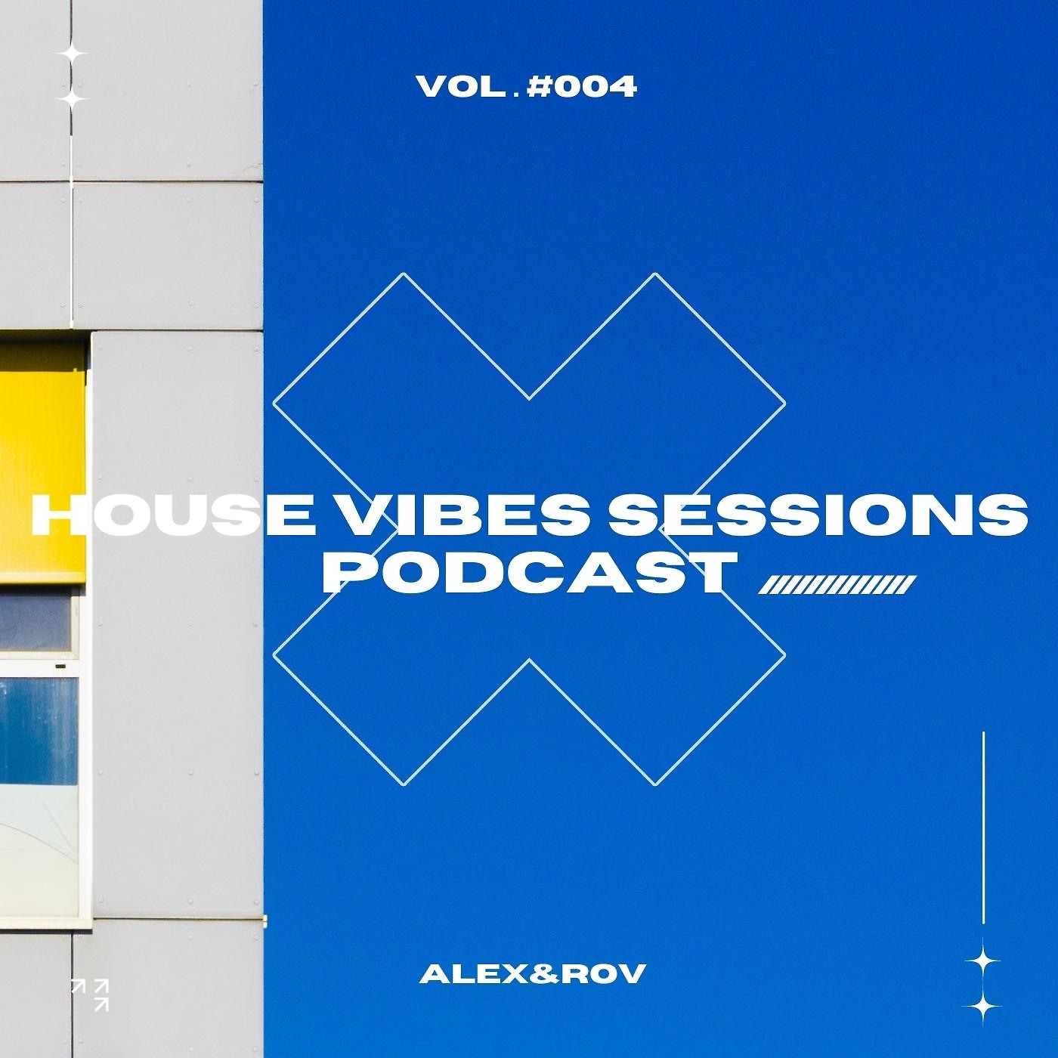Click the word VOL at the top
(x=461, y=88)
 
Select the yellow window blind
(x=42, y=461)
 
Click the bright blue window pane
(x=38, y=729)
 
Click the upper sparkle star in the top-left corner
(x=73, y=54)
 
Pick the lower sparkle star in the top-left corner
(x=73, y=99)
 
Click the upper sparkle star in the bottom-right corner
(x=983, y=961)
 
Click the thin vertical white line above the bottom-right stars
(x=983, y=828)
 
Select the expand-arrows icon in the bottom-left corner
(x=89, y=994)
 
